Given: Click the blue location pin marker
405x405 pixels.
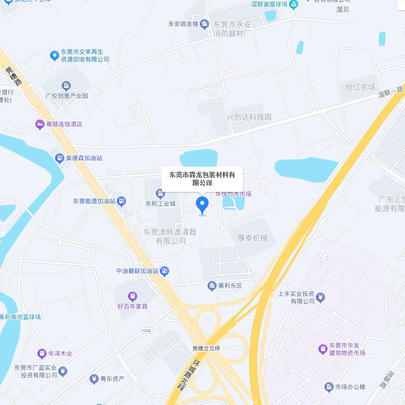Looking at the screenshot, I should [202, 206].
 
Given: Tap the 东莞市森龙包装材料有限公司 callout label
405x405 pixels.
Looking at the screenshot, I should [202, 179].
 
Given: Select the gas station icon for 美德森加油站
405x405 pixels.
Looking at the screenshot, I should [60, 158].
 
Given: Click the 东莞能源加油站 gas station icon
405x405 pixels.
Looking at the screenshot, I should [121, 201].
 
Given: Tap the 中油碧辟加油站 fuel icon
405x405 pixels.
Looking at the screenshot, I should [165, 271].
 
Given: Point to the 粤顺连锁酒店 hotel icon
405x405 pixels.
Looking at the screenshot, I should [39, 124].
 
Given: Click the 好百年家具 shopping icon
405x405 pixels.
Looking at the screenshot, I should [132, 296].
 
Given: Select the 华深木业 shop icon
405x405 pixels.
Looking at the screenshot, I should [42, 353].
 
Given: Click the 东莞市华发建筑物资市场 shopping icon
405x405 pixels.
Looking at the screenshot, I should [322, 349].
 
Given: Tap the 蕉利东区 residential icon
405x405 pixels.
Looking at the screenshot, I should [212, 286].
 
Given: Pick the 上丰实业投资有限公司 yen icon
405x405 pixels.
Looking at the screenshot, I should [320, 297].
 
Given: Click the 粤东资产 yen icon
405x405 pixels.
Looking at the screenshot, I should [93, 378].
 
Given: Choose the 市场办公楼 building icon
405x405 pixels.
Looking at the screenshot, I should [329, 387].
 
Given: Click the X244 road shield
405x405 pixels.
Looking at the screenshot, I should [147, 330].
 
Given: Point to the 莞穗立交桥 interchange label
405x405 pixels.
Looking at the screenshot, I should [207, 348].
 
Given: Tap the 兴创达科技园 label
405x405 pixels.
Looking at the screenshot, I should [249, 117].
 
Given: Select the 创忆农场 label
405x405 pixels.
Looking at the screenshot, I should [360, 87].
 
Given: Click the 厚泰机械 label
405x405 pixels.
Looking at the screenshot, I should [249, 238].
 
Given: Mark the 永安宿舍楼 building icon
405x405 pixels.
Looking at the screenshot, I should [204, 23].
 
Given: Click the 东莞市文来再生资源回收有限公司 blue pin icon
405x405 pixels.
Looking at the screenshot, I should [54, 55].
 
